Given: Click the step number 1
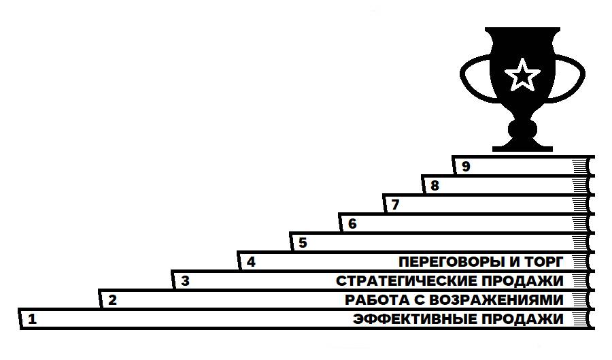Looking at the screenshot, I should pyautogui.click(x=32, y=318).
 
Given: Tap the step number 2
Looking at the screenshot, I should pyautogui.click(x=113, y=299).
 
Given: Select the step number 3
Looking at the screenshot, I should pyautogui.click(x=185, y=280).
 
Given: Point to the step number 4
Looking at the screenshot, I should pyautogui.click(x=252, y=261).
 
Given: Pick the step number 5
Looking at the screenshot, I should pyautogui.click(x=303, y=242).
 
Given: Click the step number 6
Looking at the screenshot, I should pyautogui.click(x=352, y=223).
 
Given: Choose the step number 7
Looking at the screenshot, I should pyautogui.click(x=395, y=204).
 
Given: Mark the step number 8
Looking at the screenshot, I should pyautogui.click(x=435, y=185).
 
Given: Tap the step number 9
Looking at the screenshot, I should pyautogui.click(x=466, y=166).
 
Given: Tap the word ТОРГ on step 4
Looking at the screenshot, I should pyautogui.click(x=547, y=262).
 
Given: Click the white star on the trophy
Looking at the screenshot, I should pyautogui.click(x=522, y=74).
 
